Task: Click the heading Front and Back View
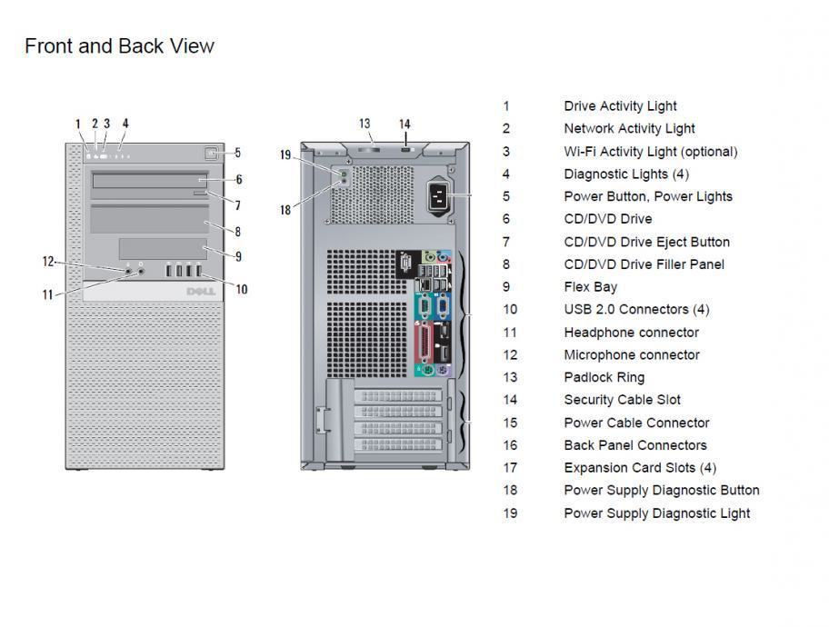(x=119, y=45)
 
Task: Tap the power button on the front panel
(x=212, y=154)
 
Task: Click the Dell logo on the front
(x=199, y=291)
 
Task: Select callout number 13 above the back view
(x=365, y=124)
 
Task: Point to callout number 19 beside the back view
(x=285, y=155)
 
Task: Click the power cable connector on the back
(x=437, y=194)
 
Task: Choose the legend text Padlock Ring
(x=604, y=377)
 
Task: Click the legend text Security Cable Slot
(x=622, y=400)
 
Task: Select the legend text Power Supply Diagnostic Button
(x=661, y=490)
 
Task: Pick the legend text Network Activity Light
(x=629, y=128)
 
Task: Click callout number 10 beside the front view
(x=241, y=290)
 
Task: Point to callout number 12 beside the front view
(x=48, y=262)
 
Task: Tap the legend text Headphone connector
(x=631, y=332)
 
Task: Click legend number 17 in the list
(x=510, y=467)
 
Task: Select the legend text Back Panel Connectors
(x=634, y=445)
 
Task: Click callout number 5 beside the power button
(x=238, y=154)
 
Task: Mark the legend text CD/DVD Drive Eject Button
(x=646, y=242)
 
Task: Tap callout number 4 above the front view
(x=125, y=124)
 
